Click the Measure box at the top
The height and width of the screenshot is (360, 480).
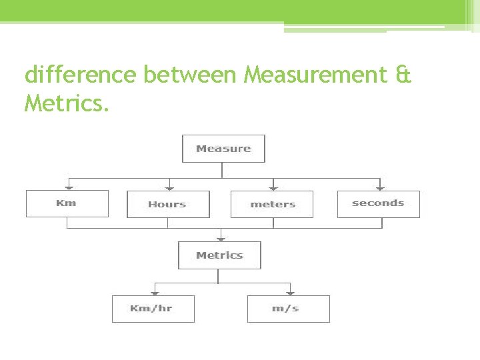223,149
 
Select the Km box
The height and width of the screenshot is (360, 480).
67,203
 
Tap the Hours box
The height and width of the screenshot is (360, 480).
168,204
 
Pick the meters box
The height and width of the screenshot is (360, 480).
272,204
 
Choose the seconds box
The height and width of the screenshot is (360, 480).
379,203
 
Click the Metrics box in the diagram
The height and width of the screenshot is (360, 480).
219,255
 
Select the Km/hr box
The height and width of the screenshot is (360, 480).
153,309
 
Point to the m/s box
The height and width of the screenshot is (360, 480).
288,309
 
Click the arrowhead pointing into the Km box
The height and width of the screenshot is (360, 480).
67,187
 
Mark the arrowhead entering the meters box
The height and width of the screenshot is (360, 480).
273,187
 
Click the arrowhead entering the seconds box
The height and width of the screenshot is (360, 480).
380,187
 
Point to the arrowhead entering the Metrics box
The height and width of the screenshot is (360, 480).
221,238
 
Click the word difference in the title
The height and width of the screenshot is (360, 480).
81,75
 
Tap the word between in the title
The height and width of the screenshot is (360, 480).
191,75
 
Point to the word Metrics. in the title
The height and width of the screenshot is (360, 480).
66,103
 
